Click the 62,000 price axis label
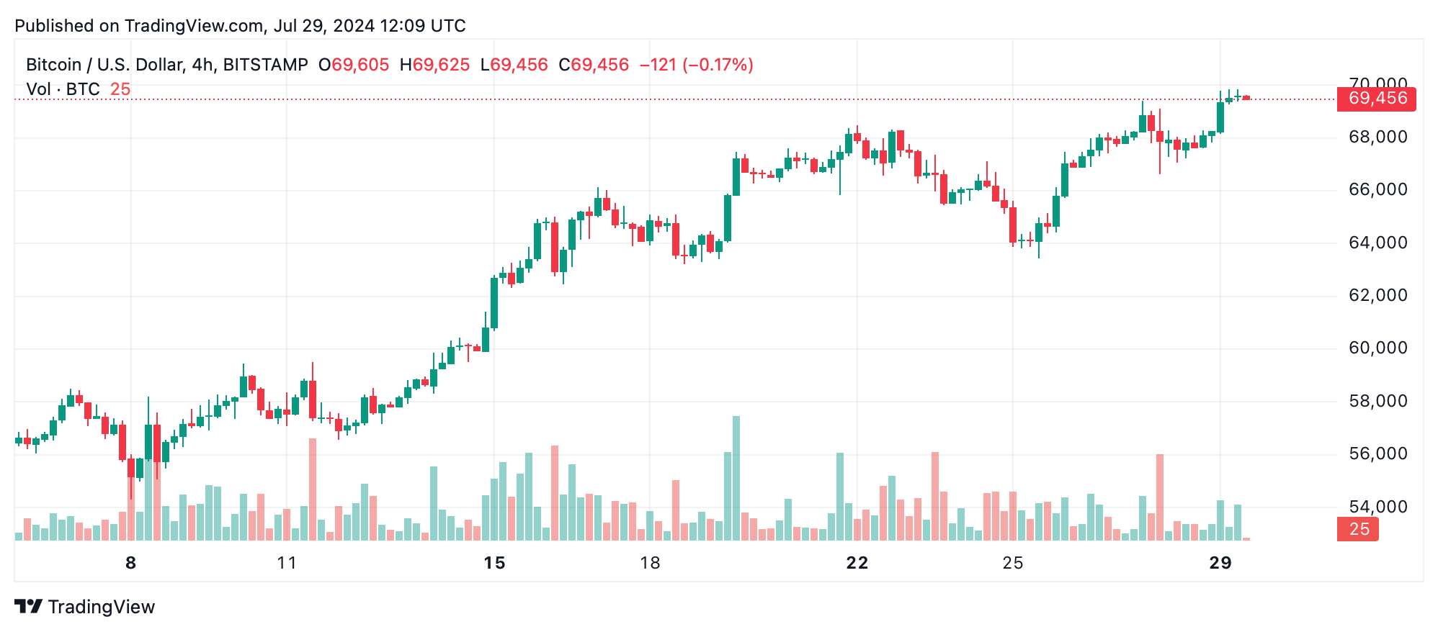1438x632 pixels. [x=1377, y=295]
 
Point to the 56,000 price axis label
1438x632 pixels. [x=1377, y=453]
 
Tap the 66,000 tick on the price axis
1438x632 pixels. [x=1377, y=189]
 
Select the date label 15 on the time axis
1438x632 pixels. [x=494, y=563]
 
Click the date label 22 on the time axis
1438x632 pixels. [x=857, y=563]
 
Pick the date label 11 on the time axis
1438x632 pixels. [x=287, y=563]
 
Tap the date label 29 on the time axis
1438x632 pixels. [x=1220, y=563]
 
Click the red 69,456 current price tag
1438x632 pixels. [x=1376, y=99]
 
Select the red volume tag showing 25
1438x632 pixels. [x=1357, y=529]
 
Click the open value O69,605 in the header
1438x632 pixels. [x=354, y=65]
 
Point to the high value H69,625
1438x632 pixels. [x=434, y=65]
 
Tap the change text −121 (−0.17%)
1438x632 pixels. [x=696, y=65]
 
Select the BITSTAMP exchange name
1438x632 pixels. [x=265, y=65]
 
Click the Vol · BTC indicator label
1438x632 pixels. [x=63, y=89]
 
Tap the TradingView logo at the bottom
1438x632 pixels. [x=85, y=607]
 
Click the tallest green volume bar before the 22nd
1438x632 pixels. [x=736, y=478]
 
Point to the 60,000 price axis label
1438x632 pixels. [x=1377, y=348]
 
